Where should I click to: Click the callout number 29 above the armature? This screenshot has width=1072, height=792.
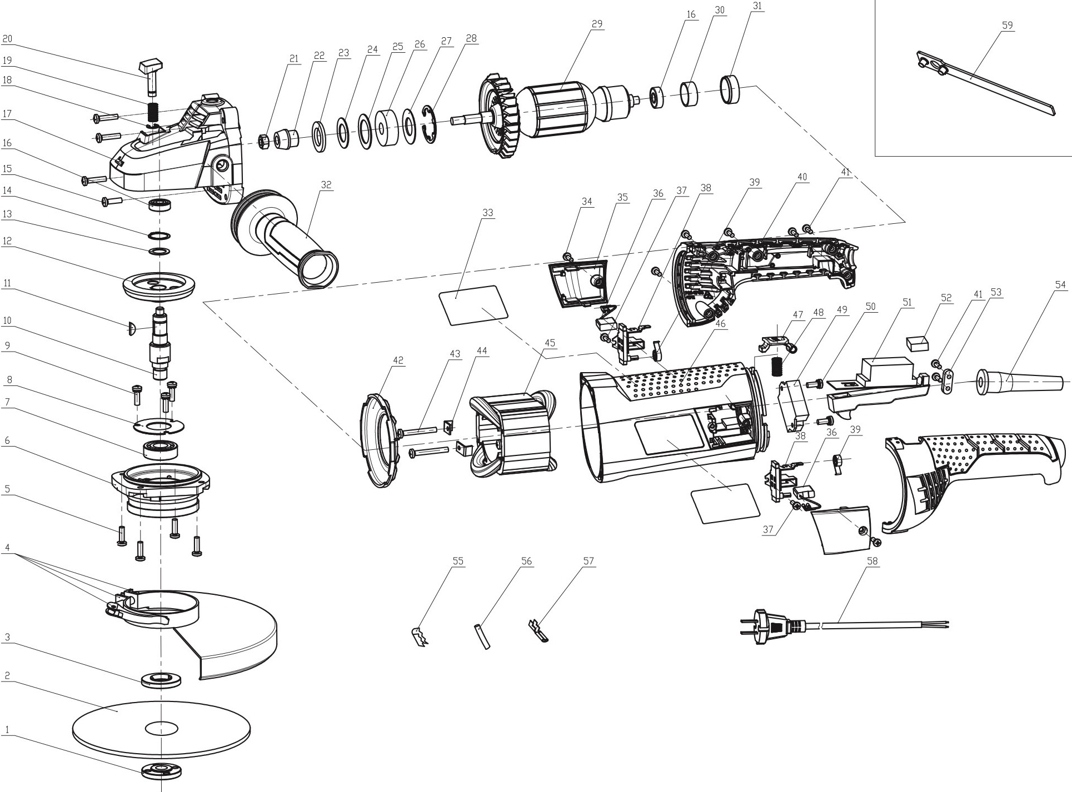[x=597, y=24]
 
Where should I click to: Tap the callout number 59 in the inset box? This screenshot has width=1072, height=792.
[x=1008, y=25]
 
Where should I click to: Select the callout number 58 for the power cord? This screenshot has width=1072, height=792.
[x=872, y=561]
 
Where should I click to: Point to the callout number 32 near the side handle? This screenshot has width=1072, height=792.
[x=327, y=185]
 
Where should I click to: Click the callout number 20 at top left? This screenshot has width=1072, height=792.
[x=7, y=39]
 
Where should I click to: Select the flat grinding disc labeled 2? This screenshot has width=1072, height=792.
[x=161, y=728]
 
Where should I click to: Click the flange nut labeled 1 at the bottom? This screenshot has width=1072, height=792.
[x=161, y=771]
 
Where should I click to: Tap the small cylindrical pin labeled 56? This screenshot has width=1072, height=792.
[x=482, y=636]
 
